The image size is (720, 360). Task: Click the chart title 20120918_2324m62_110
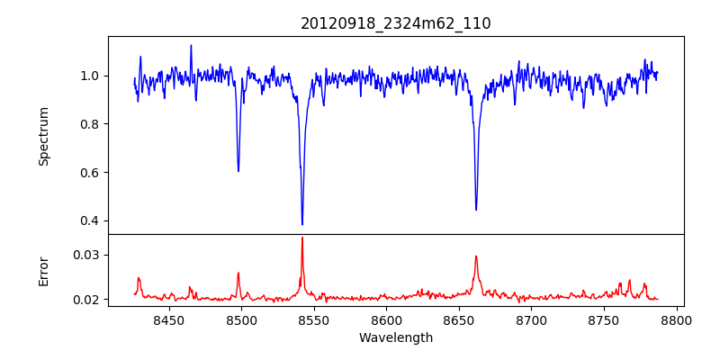396,23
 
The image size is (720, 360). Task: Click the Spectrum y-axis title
43,136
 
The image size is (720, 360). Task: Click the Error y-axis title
43,270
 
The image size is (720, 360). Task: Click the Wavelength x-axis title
396,338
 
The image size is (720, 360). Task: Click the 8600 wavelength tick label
386,320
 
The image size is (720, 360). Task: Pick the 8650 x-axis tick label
458,320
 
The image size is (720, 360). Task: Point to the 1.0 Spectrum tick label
91,76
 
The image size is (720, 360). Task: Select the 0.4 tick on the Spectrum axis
91,220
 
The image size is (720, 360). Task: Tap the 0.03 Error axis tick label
87,255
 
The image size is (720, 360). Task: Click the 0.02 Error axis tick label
87,299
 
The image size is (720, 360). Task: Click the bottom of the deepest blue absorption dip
302,224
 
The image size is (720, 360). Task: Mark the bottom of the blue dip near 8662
476,210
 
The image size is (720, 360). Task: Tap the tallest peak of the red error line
302,238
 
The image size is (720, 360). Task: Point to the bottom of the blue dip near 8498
238,171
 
